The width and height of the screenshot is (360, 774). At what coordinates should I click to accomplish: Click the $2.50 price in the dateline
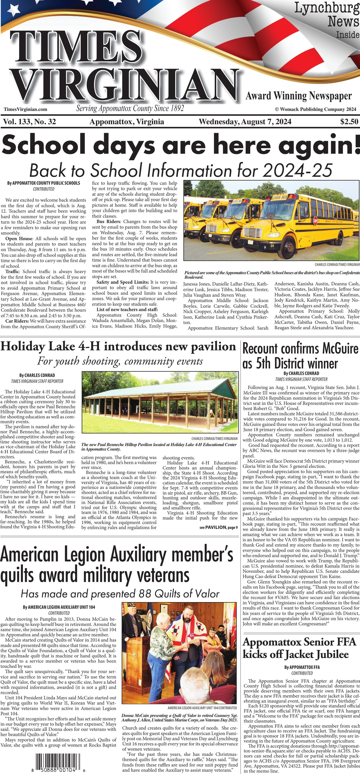(349, 122)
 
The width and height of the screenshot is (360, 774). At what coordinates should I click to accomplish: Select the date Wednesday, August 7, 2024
(245, 122)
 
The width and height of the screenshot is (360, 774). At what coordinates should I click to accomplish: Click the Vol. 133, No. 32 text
(29, 122)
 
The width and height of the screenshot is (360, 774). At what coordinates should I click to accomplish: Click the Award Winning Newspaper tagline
(299, 96)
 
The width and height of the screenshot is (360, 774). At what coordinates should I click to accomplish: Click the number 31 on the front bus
(272, 245)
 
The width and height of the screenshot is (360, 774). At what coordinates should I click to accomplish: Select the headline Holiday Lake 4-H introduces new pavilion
(118, 346)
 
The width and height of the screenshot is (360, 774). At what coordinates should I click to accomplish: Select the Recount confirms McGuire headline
(301, 356)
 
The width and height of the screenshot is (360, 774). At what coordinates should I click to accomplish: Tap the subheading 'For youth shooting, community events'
(120, 361)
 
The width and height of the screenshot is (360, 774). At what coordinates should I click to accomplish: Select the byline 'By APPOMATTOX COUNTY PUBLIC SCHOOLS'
(44, 183)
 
